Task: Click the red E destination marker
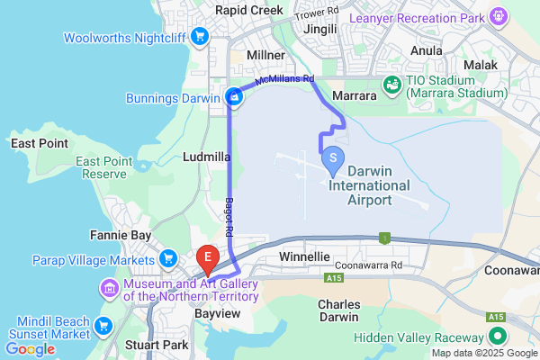coord(208,258)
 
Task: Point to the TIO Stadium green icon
coord(392,85)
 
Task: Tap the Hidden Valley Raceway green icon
coord(496,337)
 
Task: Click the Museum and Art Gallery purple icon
coord(109,289)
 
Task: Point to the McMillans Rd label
coord(284,79)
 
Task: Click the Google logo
coord(30,348)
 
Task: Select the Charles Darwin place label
coord(340,310)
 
